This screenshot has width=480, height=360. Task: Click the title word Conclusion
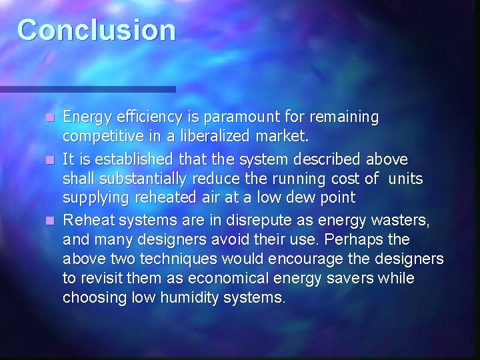click(97, 30)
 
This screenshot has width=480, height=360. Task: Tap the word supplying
click(95, 199)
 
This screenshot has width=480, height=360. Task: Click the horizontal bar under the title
click(87, 88)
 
